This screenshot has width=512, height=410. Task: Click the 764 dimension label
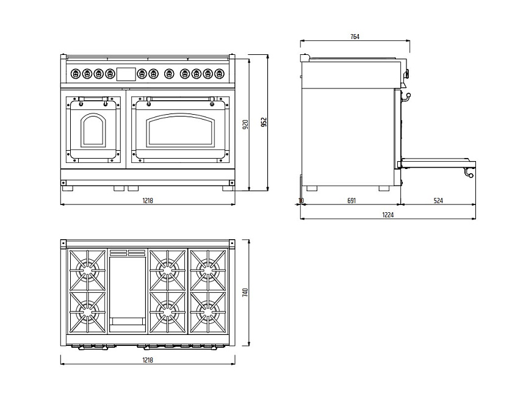click(x=355, y=37)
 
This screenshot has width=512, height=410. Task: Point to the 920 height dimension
click(x=245, y=125)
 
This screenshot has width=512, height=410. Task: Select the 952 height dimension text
click(x=264, y=123)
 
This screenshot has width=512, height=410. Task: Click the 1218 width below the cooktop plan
click(x=147, y=360)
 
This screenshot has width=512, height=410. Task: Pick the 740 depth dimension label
click(x=245, y=292)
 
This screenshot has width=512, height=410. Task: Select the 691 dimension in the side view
click(x=351, y=200)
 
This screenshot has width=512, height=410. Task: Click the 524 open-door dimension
click(x=438, y=200)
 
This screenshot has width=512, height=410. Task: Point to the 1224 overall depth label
click(x=388, y=214)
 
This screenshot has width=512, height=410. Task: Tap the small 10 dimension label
click(x=301, y=200)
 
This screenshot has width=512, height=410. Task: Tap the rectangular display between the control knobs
click(x=126, y=74)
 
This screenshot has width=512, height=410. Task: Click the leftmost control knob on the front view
click(x=76, y=74)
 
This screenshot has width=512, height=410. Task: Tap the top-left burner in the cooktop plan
click(x=87, y=268)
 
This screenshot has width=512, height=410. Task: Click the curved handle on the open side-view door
click(x=469, y=173)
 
